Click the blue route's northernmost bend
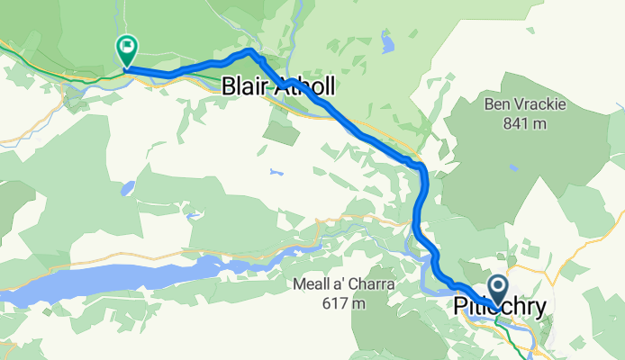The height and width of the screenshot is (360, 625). pyautogui.click(x=250, y=53)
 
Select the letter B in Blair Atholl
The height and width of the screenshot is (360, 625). pyautogui.click(x=229, y=86)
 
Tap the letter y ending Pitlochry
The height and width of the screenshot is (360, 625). pyautogui.click(x=539, y=309)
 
